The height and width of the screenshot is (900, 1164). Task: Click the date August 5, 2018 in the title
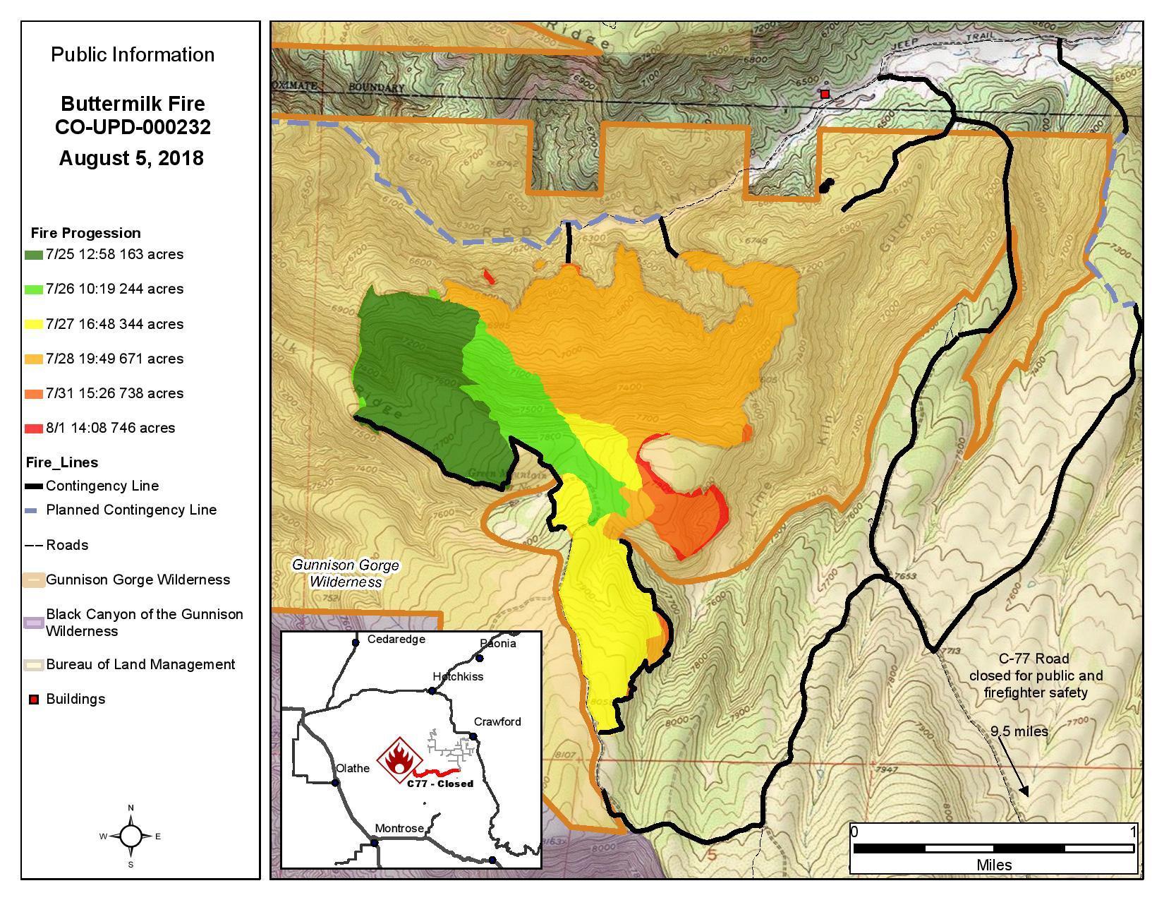coord(131,158)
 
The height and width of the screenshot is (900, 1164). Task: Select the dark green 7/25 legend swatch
coord(34,255)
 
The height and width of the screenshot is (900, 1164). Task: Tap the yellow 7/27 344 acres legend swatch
coord(34,325)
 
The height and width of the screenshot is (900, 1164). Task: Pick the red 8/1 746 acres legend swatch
coord(34,428)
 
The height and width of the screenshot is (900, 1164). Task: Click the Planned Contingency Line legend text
coord(131,510)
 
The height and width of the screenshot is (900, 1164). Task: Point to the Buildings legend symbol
coord(33,700)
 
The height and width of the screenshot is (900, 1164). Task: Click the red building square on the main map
coord(825,94)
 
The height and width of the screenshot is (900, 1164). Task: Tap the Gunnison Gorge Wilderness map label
coord(346,573)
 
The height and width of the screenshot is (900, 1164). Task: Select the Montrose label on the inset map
coord(399,828)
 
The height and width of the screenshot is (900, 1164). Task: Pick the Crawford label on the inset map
coord(497,721)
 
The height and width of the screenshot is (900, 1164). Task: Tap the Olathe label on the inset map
coord(353,768)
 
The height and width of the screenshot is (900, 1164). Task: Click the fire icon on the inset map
coord(399,760)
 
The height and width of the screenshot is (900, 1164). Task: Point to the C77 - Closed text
coord(440,784)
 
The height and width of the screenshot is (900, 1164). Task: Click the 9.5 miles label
coord(1019,731)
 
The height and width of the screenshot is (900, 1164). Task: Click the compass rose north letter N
coord(131,808)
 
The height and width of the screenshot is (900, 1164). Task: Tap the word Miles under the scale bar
coord(994,865)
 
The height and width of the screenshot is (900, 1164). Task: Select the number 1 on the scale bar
coord(1133,832)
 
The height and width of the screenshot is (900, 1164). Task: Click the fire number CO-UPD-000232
coord(133,128)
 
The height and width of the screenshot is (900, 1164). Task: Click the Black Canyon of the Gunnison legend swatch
coord(34,623)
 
